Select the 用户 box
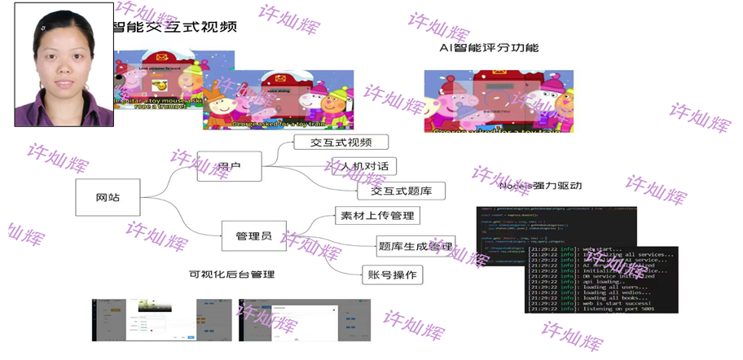pyautogui.click(x=228, y=166)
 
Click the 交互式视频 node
pyautogui.click(x=341, y=143)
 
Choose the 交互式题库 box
pyautogui.click(x=401, y=191)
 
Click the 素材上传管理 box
pyautogui.click(x=378, y=216)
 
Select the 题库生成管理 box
pyautogui.click(x=415, y=245)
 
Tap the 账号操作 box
pyautogui.click(x=392, y=274)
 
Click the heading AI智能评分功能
pyautogui.click(x=489, y=47)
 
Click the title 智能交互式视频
pyautogui.click(x=174, y=27)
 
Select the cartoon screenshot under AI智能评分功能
pyautogui.click(x=498, y=101)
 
